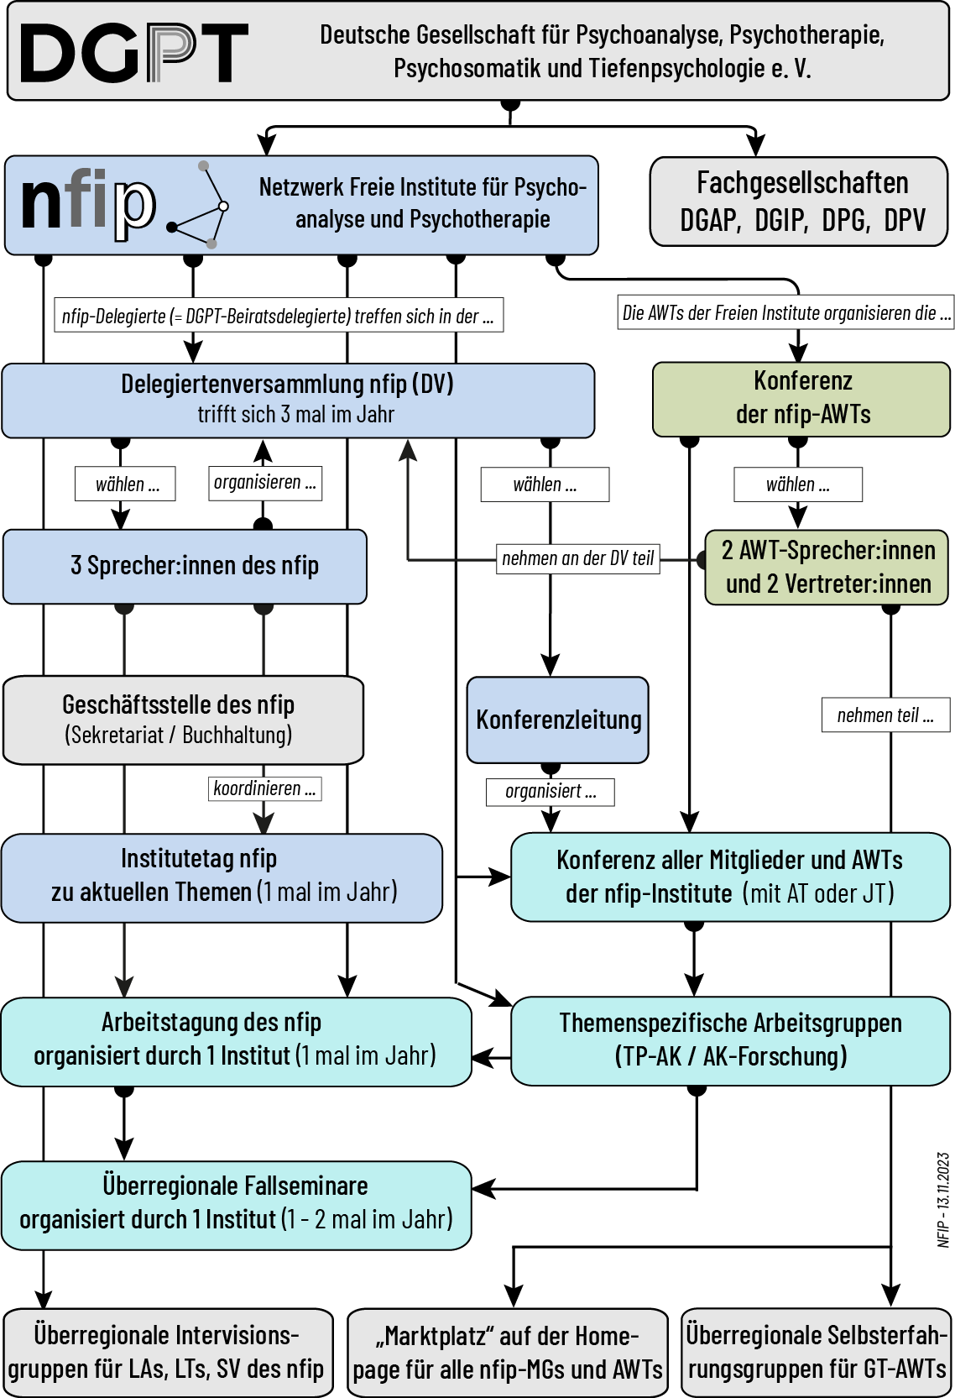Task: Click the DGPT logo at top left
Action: [133, 52]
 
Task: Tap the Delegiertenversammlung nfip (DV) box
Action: [298, 400]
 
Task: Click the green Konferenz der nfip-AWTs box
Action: [801, 398]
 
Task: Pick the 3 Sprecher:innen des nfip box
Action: [185, 566]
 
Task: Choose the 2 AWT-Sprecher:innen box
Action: [827, 567]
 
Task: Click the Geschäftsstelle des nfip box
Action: [183, 720]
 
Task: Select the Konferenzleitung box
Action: [558, 720]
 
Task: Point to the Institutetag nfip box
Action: [222, 877]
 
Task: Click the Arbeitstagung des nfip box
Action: [235, 1040]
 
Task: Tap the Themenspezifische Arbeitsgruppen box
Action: [730, 1040]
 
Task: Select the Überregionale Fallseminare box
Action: [235, 1204]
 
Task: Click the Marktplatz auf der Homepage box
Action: [507, 1352]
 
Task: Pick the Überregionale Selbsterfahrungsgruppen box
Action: [816, 1352]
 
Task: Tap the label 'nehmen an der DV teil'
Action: [577, 558]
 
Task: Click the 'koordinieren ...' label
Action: [264, 788]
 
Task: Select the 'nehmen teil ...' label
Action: [885, 715]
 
